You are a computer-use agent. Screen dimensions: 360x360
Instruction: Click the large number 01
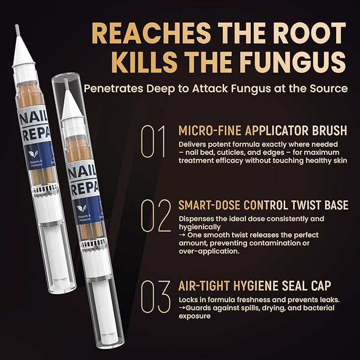click(153, 142)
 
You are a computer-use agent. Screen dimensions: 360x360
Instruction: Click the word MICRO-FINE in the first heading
click(207, 130)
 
